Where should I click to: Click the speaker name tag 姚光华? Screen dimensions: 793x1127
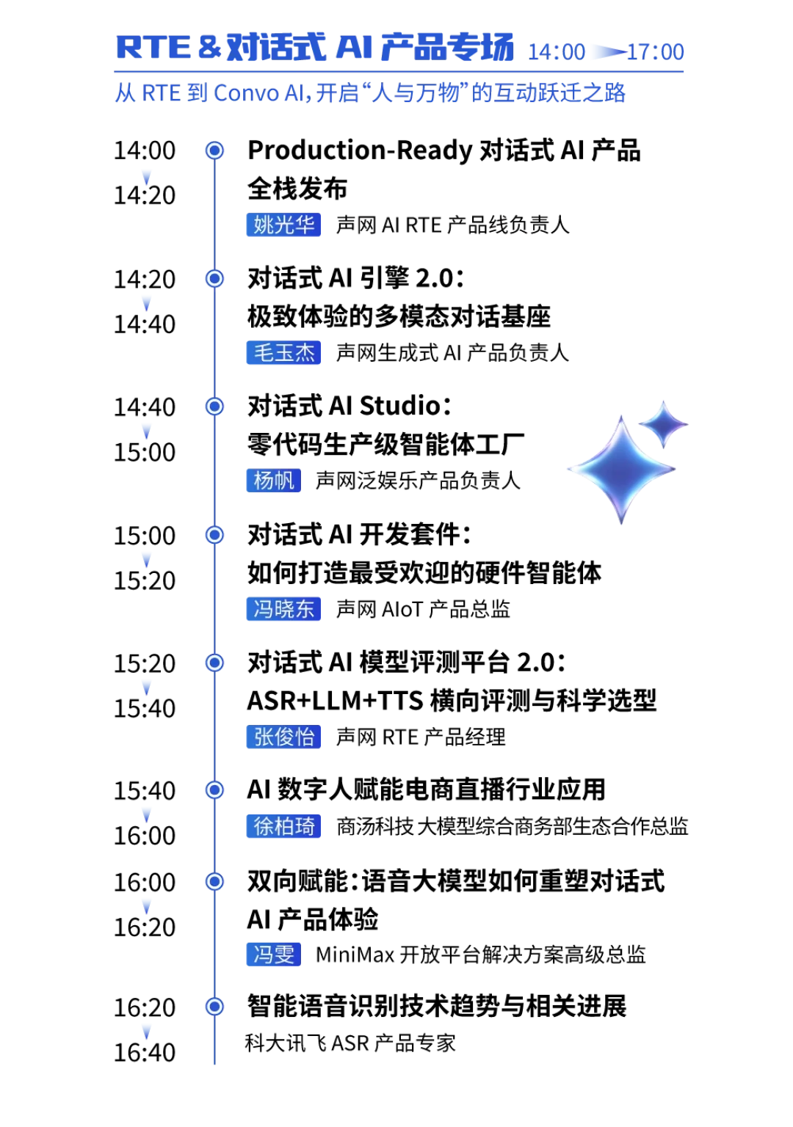pyautogui.click(x=283, y=225)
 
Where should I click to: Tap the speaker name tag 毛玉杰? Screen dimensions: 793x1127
pyautogui.click(x=283, y=352)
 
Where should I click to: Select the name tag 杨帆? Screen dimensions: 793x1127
pyautogui.click(x=273, y=480)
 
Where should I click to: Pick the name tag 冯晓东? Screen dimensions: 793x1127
pyautogui.click(x=283, y=609)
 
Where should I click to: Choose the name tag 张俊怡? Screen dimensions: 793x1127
pyautogui.click(x=283, y=737)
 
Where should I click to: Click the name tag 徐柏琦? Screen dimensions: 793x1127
pyautogui.click(x=283, y=826)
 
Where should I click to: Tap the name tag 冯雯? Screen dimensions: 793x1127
pyautogui.click(x=273, y=954)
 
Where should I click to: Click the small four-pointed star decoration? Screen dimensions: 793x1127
pyautogui.click(x=664, y=424)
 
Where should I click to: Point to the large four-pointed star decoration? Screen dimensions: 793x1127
pyautogui.click(x=621, y=470)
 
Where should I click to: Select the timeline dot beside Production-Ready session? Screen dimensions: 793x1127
pyautogui.click(x=215, y=150)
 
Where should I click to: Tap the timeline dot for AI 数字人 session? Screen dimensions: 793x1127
pyautogui.click(x=215, y=790)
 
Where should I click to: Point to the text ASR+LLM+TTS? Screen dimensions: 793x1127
pyautogui.click(x=335, y=701)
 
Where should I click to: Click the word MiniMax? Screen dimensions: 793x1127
pyautogui.click(x=355, y=955)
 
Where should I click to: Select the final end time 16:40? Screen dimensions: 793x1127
pyautogui.click(x=145, y=1052)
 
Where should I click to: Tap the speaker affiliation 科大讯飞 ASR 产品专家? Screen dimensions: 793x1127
pyautogui.click(x=350, y=1043)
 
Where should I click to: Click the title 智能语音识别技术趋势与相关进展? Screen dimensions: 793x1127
pyautogui.click(x=437, y=1006)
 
